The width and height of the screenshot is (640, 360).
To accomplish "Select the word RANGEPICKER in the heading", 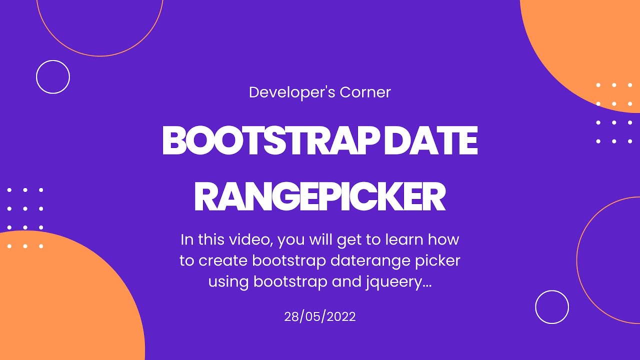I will pyautogui.click(x=319, y=198).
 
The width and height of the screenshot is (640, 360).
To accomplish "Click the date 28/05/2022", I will pyautogui.click(x=320, y=316).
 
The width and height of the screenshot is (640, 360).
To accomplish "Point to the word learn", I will pyautogui.click(x=405, y=240).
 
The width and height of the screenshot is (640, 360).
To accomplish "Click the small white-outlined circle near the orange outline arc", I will pyautogui.click(x=552, y=307).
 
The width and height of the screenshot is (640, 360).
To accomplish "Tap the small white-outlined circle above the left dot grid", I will pyautogui.click(x=53, y=77).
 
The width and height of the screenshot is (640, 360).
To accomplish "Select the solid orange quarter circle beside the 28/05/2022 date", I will pyautogui.click(x=60, y=300).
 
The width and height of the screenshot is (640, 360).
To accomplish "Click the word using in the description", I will pyautogui.click(x=228, y=282).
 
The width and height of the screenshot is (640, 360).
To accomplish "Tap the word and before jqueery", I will pyautogui.click(x=344, y=282).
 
